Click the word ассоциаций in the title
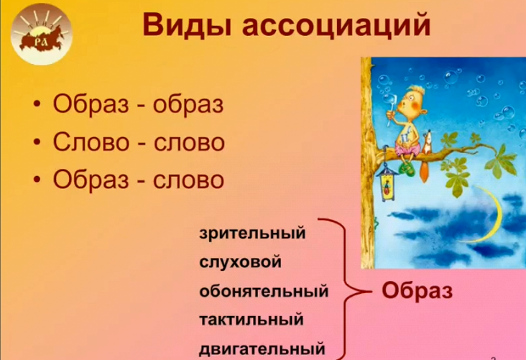pyautogui.click(x=335, y=26)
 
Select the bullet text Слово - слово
pyautogui.click(x=139, y=142)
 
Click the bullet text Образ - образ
pyautogui.click(x=139, y=104)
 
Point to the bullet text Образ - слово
pyautogui.click(x=139, y=179)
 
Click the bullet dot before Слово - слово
pyautogui.click(x=37, y=142)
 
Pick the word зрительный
pyautogui.click(x=252, y=234)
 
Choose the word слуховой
pyautogui.click(x=240, y=262)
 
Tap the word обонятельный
pyautogui.click(x=263, y=292)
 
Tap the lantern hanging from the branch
pyautogui.click(x=386, y=181)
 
